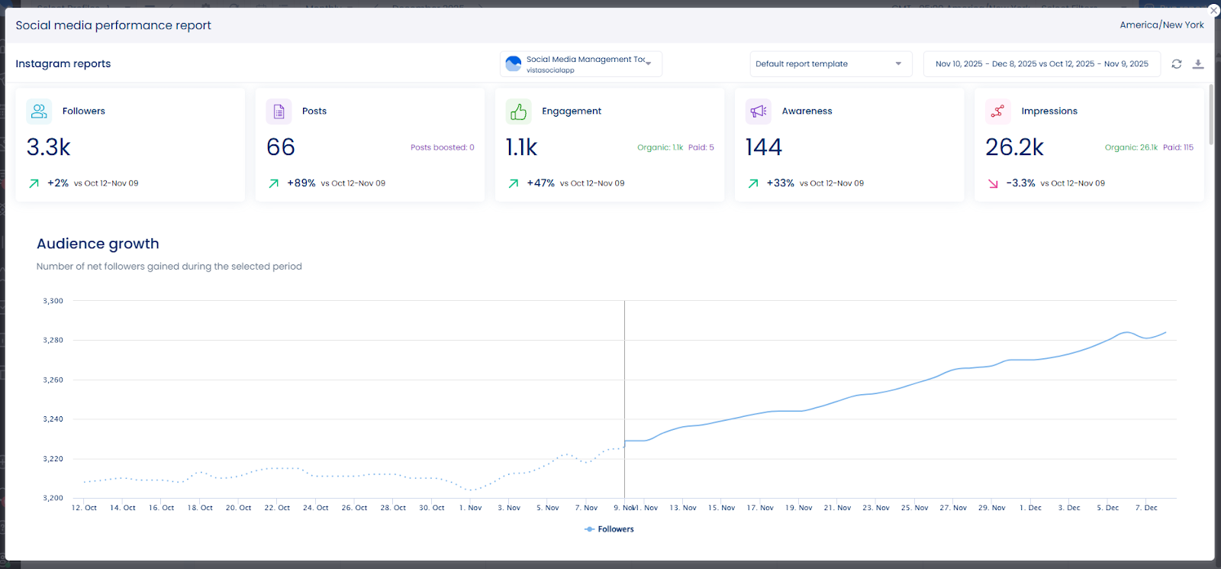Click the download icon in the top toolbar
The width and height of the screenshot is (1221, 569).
(x=1198, y=64)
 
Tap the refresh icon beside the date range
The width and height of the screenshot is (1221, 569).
(x=1177, y=64)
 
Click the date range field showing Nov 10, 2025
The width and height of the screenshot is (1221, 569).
(x=1042, y=64)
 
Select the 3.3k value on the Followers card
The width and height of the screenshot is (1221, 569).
(x=49, y=147)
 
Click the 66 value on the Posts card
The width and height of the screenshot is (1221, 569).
(x=281, y=147)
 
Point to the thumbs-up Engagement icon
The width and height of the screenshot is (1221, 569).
(x=519, y=112)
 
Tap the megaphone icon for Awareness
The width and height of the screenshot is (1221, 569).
(x=759, y=112)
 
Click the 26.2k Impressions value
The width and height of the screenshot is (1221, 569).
(x=1014, y=147)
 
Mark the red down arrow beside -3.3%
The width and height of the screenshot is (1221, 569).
(x=993, y=183)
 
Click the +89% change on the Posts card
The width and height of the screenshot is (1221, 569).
(x=301, y=183)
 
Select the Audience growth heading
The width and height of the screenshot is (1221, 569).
(x=98, y=244)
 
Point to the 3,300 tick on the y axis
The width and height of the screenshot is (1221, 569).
(x=53, y=301)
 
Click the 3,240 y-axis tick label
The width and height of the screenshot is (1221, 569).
(x=53, y=419)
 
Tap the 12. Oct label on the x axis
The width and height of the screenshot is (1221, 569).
(x=84, y=508)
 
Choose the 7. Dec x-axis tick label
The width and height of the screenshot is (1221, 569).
(x=1146, y=508)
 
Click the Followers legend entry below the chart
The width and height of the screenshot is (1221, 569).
(x=610, y=529)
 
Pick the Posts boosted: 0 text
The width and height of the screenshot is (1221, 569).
(x=442, y=147)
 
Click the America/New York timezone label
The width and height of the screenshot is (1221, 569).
(x=1161, y=25)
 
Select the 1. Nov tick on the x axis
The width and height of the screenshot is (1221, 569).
(x=471, y=508)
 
